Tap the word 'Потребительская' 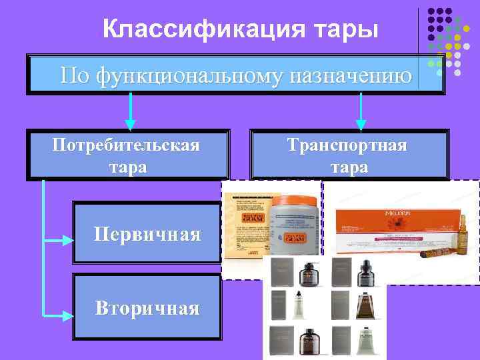tap(127, 145)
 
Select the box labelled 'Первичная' tap(147, 234)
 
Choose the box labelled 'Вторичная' tap(147, 307)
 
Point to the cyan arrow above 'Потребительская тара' tap(131, 111)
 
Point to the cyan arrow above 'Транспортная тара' tap(361, 111)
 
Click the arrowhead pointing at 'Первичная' tap(67, 238)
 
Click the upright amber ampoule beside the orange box tap(462, 231)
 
